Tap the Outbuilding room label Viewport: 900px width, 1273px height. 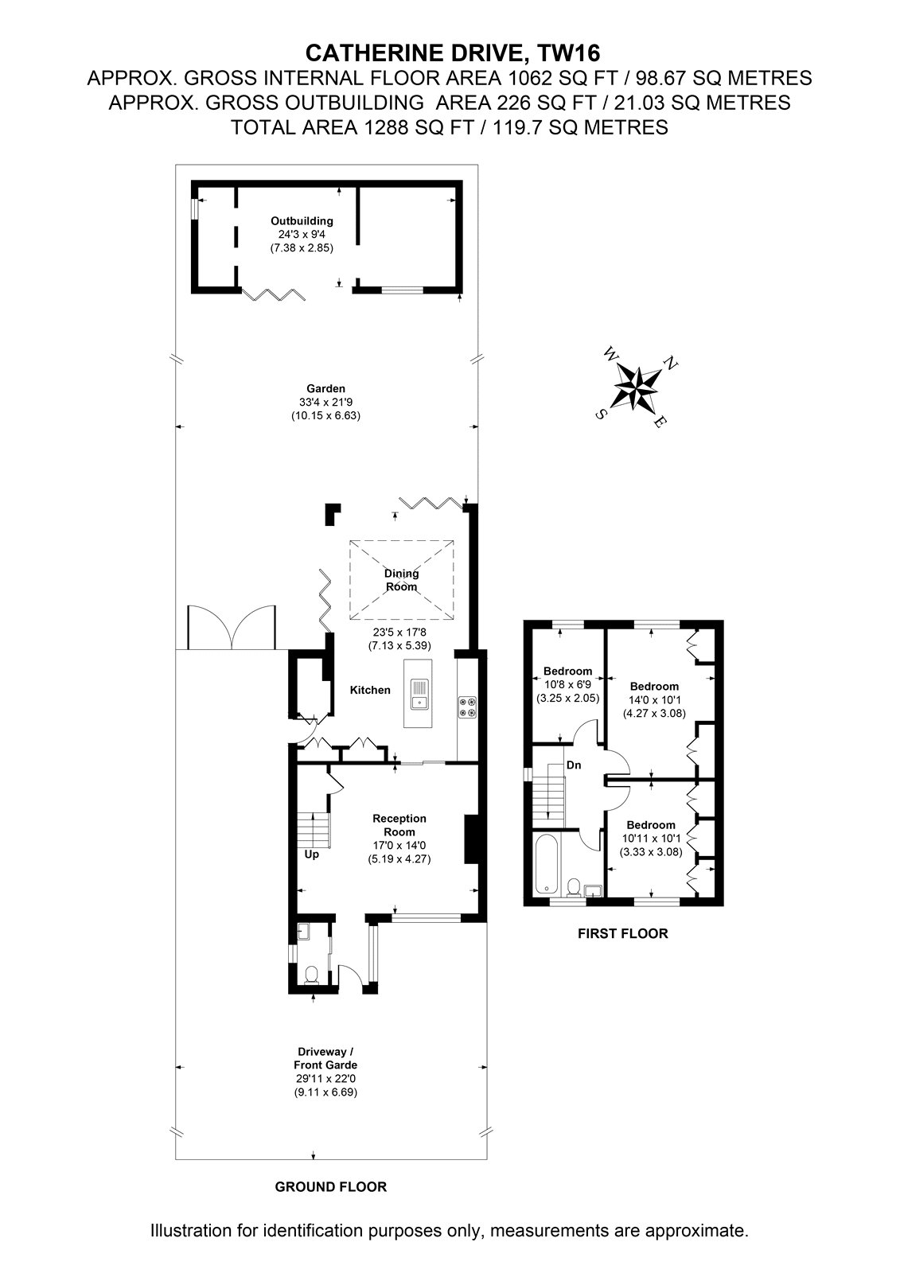(302, 221)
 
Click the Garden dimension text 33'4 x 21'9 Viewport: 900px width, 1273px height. (325, 403)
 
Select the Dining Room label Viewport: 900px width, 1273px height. (401, 580)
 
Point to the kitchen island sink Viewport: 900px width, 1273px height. (418, 693)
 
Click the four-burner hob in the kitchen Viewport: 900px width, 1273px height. (468, 707)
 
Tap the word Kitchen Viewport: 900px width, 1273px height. (370, 690)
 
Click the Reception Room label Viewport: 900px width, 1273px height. (399, 824)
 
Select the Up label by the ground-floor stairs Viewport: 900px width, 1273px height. (312, 855)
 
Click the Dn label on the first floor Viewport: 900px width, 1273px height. (574, 765)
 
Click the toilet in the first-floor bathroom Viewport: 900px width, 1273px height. (574, 887)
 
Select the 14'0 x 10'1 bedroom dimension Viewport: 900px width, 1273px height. (654, 699)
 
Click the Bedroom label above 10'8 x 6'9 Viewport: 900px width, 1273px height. (567, 672)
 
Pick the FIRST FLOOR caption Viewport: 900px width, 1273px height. (622, 933)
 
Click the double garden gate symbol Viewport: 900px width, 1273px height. (232, 628)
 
